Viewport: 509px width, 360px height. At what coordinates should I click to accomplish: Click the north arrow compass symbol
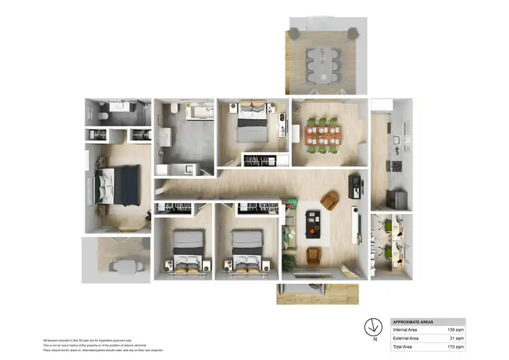[x=373, y=325]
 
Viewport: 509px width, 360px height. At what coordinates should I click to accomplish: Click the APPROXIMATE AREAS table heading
[x=413, y=322]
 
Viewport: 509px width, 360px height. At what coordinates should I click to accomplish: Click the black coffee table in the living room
[x=313, y=225]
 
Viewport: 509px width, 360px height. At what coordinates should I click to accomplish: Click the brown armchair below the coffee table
[x=314, y=255]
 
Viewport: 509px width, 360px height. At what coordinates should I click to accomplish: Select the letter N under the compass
[x=373, y=338]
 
